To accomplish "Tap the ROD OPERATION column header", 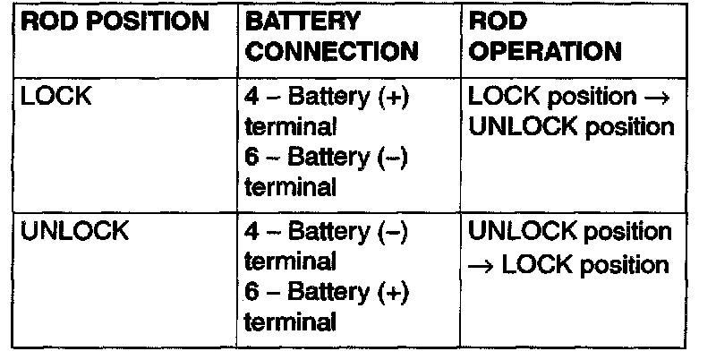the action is click(545, 36).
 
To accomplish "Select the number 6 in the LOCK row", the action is click(251, 158).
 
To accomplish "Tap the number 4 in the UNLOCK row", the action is click(251, 232).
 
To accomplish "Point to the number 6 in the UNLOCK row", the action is click(251, 292).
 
